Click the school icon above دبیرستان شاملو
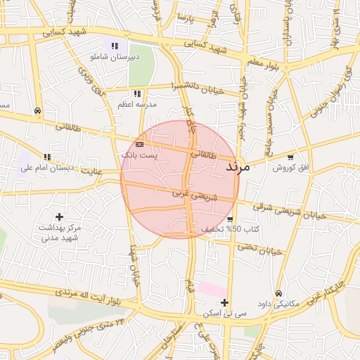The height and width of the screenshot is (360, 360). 114,46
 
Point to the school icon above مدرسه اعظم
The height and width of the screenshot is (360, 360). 137,93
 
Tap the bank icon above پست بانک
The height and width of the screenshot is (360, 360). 139,144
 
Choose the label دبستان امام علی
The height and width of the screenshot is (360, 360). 42,168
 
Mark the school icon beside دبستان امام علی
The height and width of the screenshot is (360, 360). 47,157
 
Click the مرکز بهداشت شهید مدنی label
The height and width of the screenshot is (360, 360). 59,233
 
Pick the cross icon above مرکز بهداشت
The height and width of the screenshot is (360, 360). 59,217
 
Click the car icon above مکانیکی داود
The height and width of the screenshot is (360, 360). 279,293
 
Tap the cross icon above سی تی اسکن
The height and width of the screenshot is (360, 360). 224,302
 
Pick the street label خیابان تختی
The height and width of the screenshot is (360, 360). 259,248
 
